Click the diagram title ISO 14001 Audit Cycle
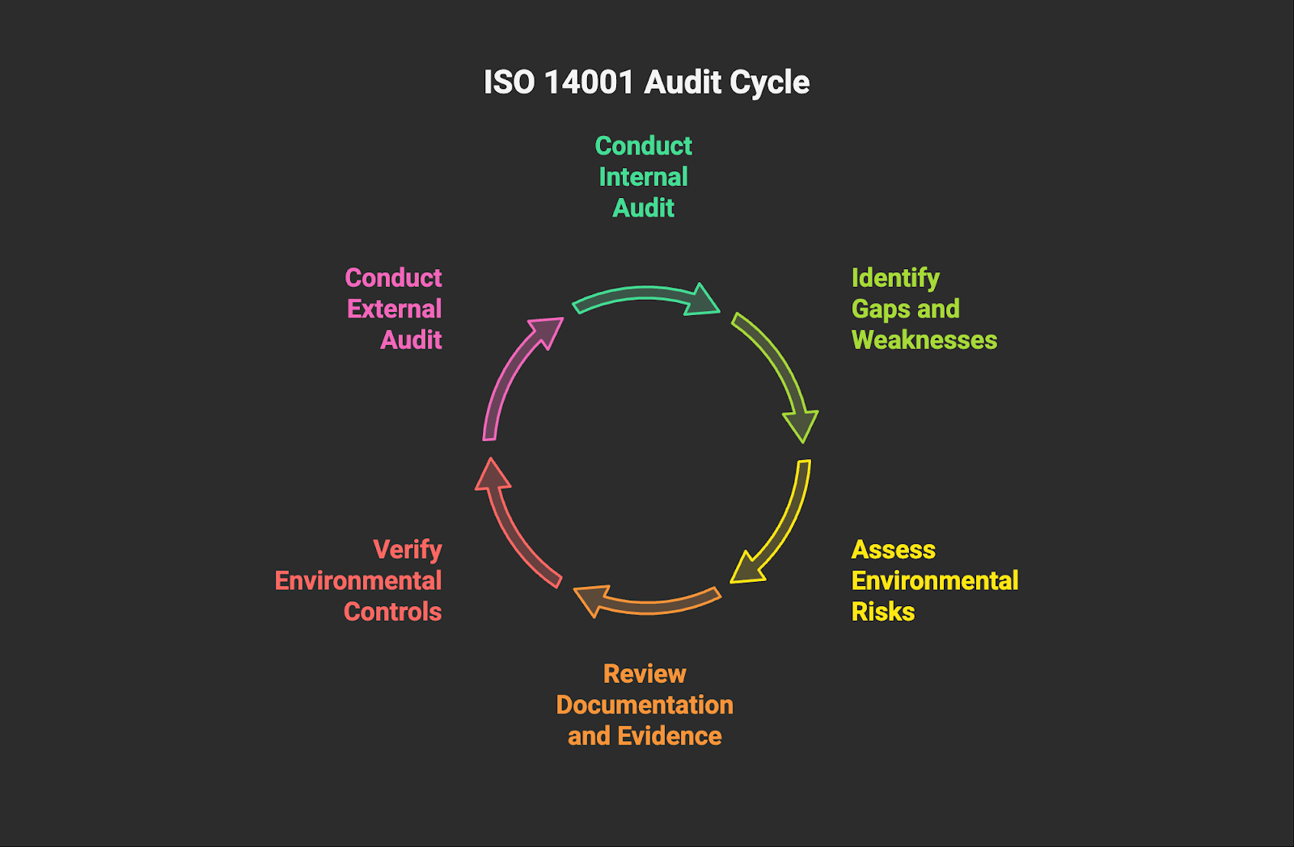pos(646,82)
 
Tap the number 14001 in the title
pos(589,82)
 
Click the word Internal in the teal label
pos(643,177)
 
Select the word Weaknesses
pos(924,340)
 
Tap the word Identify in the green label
pos(895,278)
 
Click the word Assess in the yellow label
pos(893,550)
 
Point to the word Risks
pos(882,612)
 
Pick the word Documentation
pos(645,705)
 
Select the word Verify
pos(407,550)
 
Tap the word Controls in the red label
pos(392,612)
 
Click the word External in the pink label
pos(394,309)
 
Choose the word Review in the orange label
pos(645,674)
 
